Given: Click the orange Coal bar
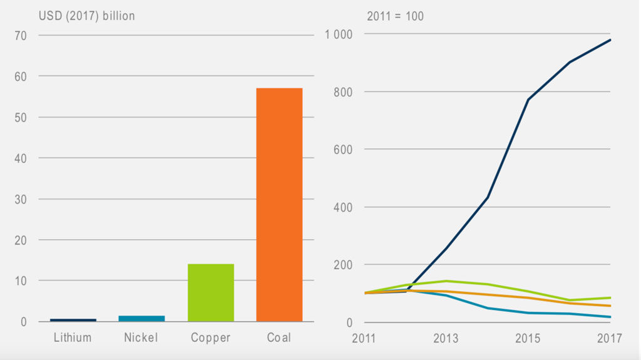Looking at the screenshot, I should (x=279, y=205).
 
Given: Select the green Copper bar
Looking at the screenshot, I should (x=211, y=292).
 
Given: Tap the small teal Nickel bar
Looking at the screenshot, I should (x=142, y=319).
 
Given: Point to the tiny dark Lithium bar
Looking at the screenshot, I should (x=73, y=320).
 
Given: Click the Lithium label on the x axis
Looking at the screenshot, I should (x=73, y=338).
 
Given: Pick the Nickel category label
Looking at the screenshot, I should (x=141, y=338).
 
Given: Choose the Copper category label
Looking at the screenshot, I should (x=211, y=338).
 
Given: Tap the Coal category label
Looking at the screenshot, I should (x=279, y=338).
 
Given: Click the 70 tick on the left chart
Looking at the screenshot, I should (x=21, y=36).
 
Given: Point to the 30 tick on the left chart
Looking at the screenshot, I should (x=21, y=200).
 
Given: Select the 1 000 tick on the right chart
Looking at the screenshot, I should (x=339, y=34).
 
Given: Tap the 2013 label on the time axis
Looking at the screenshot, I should (x=446, y=339).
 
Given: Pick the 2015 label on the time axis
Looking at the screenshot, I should (x=528, y=339).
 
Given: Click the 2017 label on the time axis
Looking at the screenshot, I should (x=609, y=339).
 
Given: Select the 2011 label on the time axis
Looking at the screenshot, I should (x=364, y=339).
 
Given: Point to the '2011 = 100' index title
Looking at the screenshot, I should (x=395, y=16).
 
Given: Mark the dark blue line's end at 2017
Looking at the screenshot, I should (x=610, y=40).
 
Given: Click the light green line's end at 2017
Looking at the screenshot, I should (x=610, y=298).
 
